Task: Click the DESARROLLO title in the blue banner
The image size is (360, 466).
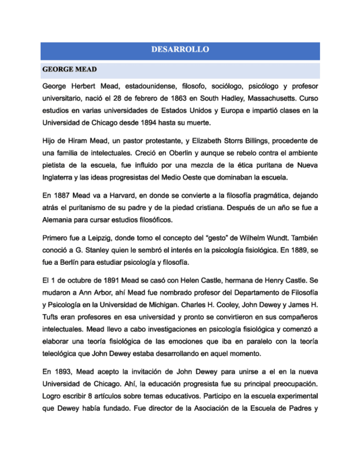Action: (180, 49)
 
